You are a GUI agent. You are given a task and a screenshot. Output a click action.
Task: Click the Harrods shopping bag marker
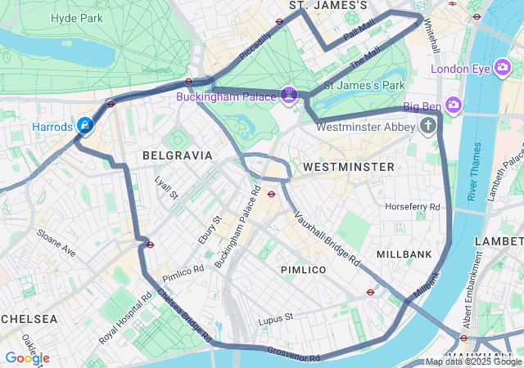(x=84, y=126)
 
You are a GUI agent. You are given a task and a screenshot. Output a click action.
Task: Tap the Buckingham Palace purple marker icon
(x=288, y=96)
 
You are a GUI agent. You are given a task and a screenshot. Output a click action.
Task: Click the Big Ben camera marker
(x=454, y=105)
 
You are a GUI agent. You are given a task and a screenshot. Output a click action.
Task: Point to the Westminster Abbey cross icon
(x=427, y=126)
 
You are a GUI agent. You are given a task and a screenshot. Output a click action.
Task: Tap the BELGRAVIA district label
(x=177, y=155)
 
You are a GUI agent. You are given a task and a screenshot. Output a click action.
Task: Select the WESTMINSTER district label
(x=348, y=167)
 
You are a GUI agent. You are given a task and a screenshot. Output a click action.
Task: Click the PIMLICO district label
(x=303, y=269)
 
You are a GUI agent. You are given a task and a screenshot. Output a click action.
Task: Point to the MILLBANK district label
(x=404, y=254)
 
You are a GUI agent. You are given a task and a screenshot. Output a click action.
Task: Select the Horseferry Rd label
(x=413, y=206)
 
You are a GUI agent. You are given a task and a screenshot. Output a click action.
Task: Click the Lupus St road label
(x=275, y=317)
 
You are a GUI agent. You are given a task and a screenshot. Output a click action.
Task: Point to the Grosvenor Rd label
(x=292, y=354)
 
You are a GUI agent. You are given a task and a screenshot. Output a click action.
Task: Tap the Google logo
(x=27, y=358)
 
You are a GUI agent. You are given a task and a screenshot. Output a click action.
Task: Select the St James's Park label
(x=364, y=85)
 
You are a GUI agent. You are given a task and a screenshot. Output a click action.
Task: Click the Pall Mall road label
(x=359, y=34)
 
